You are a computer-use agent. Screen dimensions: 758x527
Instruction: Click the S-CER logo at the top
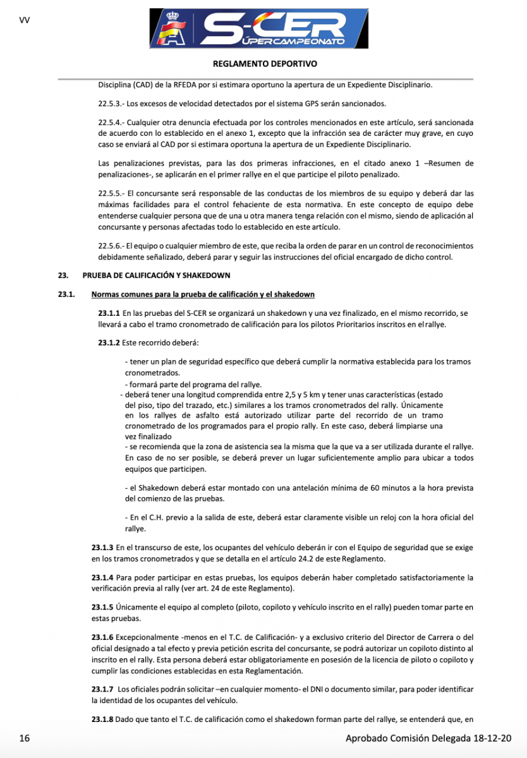coord(258,30)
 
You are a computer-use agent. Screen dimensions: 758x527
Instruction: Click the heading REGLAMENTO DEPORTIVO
coord(265,64)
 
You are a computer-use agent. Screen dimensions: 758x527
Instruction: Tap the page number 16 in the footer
coord(24,738)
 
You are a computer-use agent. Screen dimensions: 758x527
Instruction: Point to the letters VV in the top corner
coord(25,20)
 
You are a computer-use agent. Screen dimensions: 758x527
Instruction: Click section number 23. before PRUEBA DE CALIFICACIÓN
coord(63,275)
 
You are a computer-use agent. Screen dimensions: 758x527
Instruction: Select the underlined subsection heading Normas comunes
coord(203,294)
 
